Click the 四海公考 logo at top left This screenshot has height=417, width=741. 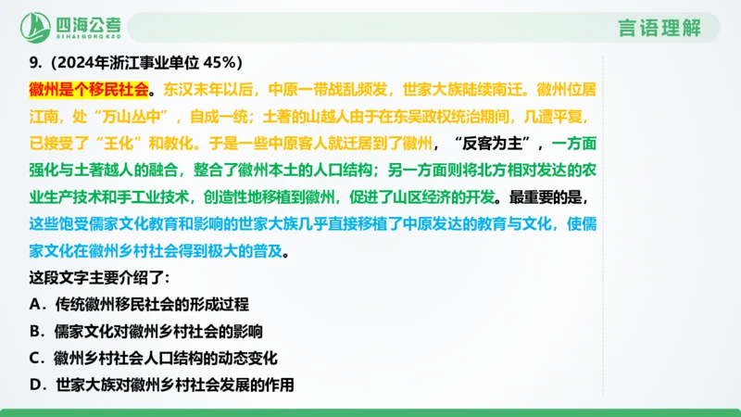pyautogui.click(x=75, y=25)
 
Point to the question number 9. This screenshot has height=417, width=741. pyautogui.click(x=34, y=63)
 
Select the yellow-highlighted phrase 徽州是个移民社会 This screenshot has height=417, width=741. pyautogui.click(x=89, y=90)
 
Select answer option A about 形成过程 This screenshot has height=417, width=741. pyautogui.click(x=139, y=303)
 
